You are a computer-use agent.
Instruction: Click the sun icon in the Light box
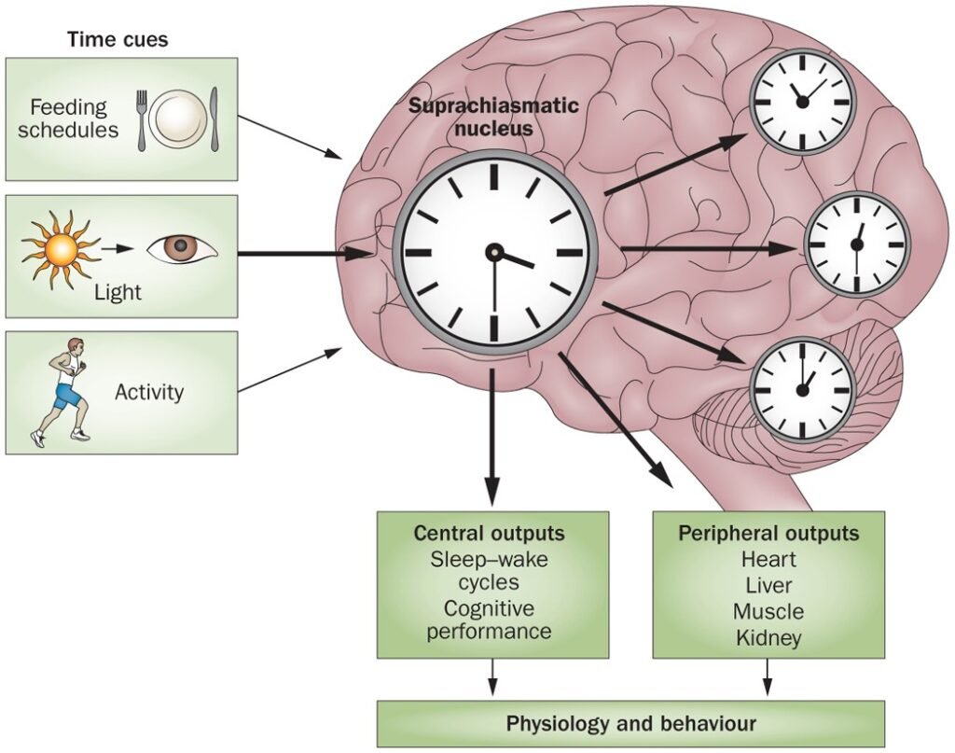[x=62, y=249]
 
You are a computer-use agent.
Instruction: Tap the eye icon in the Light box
[x=181, y=249]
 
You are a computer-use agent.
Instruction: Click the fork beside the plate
[x=143, y=119]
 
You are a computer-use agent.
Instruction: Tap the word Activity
[x=149, y=392]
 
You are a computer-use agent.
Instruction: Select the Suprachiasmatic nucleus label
[x=493, y=116]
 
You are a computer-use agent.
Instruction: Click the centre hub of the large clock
[x=493, y=252]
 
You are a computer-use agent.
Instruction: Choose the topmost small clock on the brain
[x=802, y=101]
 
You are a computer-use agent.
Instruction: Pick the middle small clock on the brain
[x=856, y=244]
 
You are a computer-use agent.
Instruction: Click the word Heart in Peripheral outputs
[x=768, y=561]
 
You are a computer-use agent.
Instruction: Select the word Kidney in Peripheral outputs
[x=768, y=638]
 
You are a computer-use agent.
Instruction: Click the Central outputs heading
[x=490, y=534]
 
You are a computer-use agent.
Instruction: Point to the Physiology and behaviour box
[x=630, y=723]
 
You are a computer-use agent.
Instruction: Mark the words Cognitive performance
[x=490, y=620]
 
